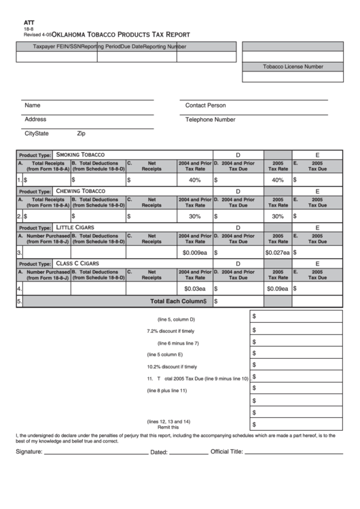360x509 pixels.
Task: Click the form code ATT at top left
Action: tap(29, 22)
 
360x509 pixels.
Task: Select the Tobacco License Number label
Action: tap(293, 67)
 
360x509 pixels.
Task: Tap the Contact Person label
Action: tap(205, 105)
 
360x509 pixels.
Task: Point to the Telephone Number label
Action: tap(210, 119)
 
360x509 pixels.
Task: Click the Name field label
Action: tap(33, 105)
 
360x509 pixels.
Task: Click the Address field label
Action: tap(35, 119)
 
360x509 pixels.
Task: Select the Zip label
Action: tap(81, 134)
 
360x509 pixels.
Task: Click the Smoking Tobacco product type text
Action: tap(80, 154)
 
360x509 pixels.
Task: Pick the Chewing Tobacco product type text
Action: tap(80, 191)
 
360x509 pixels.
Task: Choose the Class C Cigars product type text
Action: tap(77, 263)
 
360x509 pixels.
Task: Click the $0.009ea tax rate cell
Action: tap(194, 252)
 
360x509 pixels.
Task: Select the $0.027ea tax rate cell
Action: tap(277, 252)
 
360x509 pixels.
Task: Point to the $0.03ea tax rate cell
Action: tap(194, 288)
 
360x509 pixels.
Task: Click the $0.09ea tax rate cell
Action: tap(277, 288)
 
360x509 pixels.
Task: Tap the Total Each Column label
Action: tap(177, 300)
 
